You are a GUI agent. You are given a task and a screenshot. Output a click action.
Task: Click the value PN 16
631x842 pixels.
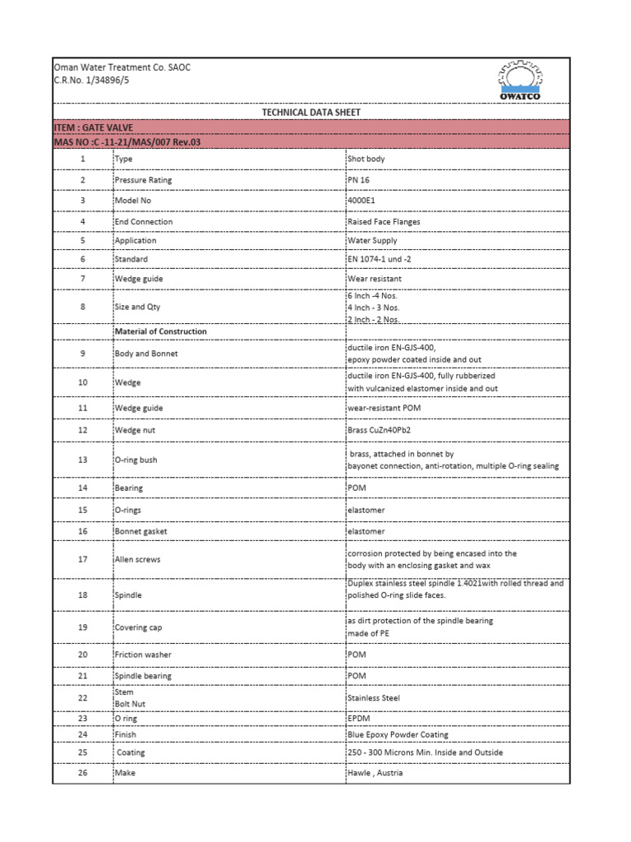click(358, 180)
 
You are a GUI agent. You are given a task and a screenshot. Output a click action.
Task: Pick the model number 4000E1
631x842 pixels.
click(360, 201)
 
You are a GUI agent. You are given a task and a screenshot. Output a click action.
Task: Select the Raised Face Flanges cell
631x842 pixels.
click(384, 221)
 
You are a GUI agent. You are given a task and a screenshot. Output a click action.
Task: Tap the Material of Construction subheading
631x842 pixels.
click(161, 331)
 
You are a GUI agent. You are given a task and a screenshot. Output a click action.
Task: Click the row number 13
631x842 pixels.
click(82, 460)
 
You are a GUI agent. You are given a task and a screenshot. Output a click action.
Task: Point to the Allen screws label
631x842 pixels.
click(139, 559)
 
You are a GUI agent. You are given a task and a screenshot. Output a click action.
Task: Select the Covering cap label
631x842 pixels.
click(140, 627)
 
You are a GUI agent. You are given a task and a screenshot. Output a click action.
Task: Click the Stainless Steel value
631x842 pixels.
click(374, 697)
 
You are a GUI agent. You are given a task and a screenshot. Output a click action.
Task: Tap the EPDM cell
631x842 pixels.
click(359, 718)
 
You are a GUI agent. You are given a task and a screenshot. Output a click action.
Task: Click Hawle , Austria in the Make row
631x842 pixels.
click(375, 773)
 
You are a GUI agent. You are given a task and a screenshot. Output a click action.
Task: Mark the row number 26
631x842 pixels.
click(82, 773)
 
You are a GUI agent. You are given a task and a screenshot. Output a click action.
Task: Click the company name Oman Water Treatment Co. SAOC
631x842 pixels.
click(122, 67)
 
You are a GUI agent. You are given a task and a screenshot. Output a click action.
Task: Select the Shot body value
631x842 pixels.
click(366, 159)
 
